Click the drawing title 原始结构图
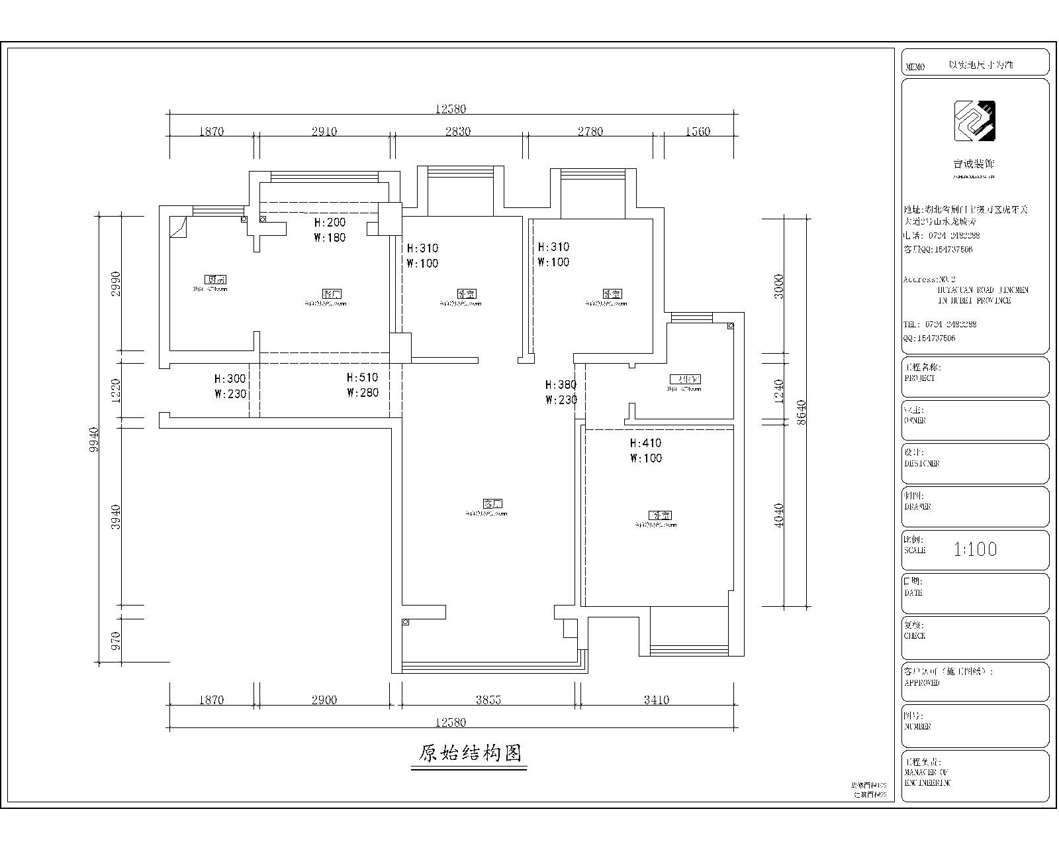(x=470, y=753)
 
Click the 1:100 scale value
(x=975, y=549)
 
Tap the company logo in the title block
(x=974, y=121)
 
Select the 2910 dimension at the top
(x=324, y=131)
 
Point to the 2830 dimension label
(x=457, y=131)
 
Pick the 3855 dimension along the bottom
(x=488, y=700)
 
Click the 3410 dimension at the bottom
(x=656, y=700)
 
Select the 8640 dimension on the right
(x=802, y=412)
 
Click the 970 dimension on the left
(x=116, y=640)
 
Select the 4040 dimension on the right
(x=779, y=515)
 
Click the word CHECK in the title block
(x=915, y=636)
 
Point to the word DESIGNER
(x=922, y=464)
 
